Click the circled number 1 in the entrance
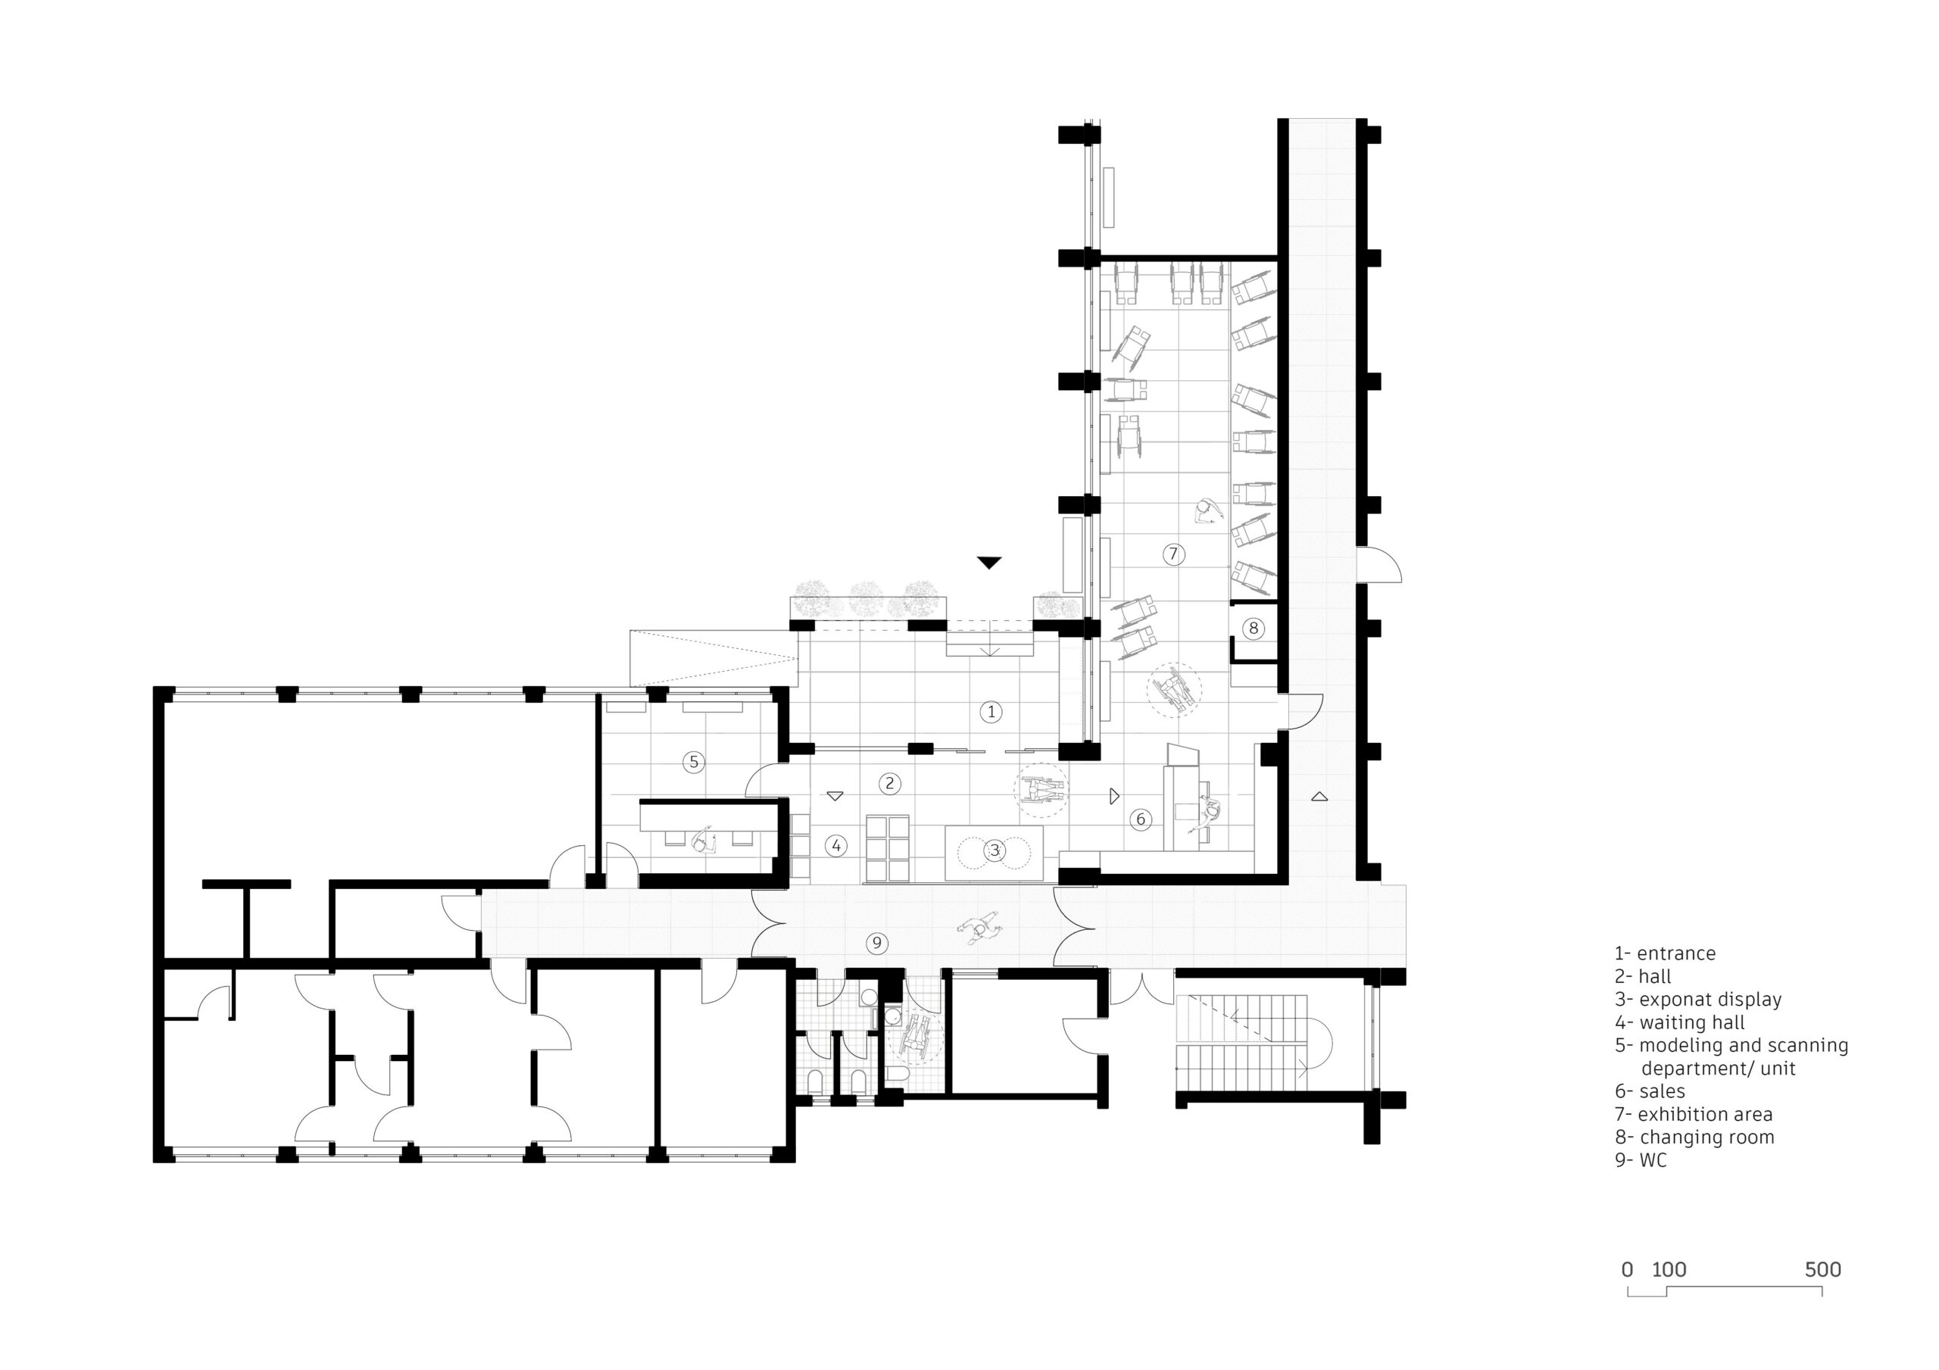991,712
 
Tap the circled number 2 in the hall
889,783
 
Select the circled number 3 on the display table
994,850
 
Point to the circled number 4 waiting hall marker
836,845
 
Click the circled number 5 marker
693,762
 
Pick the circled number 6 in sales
1140,819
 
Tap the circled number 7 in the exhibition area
1172,554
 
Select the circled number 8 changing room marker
1254,628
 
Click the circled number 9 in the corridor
876,943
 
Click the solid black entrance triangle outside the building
989,563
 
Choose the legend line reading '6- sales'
1650,1091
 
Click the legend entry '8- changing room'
1694,1137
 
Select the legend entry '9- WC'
1640,1160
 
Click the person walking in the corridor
979,928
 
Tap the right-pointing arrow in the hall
1114,796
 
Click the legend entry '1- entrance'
1665,953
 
